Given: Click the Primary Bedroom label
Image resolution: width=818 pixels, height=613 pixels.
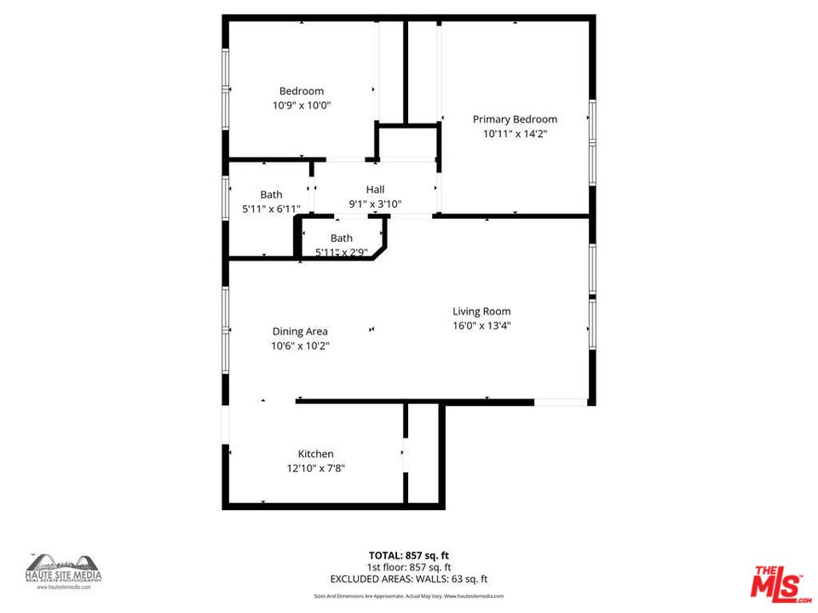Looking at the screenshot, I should click(515, 119).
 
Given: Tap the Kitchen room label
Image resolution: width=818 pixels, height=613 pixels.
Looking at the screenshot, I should click(315, 454).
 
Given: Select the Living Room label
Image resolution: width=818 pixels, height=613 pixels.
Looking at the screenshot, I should click(481, 311).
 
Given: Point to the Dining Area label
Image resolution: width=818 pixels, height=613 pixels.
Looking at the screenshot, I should click(300, 331).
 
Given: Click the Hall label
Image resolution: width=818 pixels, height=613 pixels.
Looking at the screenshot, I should click(375, 189).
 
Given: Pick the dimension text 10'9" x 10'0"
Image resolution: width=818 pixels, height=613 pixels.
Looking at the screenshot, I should click(302, 106).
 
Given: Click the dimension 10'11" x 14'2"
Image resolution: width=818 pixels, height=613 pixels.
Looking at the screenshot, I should click(515, 134).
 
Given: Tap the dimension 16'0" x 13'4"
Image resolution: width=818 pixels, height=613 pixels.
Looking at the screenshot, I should click(481, 325).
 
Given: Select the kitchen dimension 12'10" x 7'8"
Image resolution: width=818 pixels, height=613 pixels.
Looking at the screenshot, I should click(315, 468).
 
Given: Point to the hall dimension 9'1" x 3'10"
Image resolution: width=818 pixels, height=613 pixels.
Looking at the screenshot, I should click(375, 203).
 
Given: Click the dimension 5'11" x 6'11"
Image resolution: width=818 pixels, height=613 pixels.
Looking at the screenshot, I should click(271, 209).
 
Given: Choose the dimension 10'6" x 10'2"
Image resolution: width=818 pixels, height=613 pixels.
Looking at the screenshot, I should click(300, 346).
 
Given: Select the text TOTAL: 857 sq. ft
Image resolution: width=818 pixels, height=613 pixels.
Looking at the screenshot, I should click(409, 555).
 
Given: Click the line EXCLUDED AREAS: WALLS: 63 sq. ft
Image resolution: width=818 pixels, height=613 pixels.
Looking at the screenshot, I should click(409, 579).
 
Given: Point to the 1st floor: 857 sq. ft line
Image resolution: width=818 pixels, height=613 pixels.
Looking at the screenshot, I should click(409, 567).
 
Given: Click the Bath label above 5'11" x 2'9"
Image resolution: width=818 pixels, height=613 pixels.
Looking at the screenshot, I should click(341, 238).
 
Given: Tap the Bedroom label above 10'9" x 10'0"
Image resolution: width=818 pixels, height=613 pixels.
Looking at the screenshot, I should click(302, 91).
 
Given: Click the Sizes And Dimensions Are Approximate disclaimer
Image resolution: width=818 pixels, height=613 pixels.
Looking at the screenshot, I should click(409, 597).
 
